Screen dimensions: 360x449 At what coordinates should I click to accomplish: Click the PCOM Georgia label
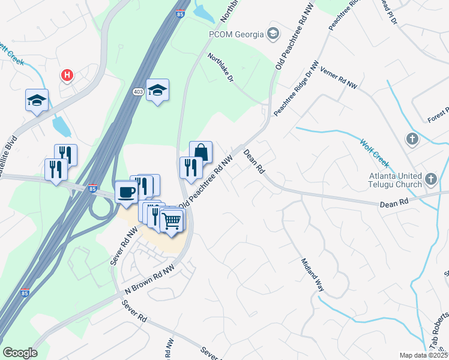235,34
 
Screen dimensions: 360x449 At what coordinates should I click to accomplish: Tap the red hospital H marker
67,76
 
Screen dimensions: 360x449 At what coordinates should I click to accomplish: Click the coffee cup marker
126,191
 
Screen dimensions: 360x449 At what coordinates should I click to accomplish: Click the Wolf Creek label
375,153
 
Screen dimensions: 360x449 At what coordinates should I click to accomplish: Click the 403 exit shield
139,91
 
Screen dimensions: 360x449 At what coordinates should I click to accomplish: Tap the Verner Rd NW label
339,78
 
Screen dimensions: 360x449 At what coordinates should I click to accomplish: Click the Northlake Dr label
220,68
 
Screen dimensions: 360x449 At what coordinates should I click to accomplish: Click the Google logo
20,353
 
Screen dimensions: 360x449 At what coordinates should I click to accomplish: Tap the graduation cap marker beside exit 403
158,90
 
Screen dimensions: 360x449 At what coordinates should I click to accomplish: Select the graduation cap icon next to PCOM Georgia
274,32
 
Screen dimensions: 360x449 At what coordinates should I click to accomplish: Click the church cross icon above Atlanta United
412,139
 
